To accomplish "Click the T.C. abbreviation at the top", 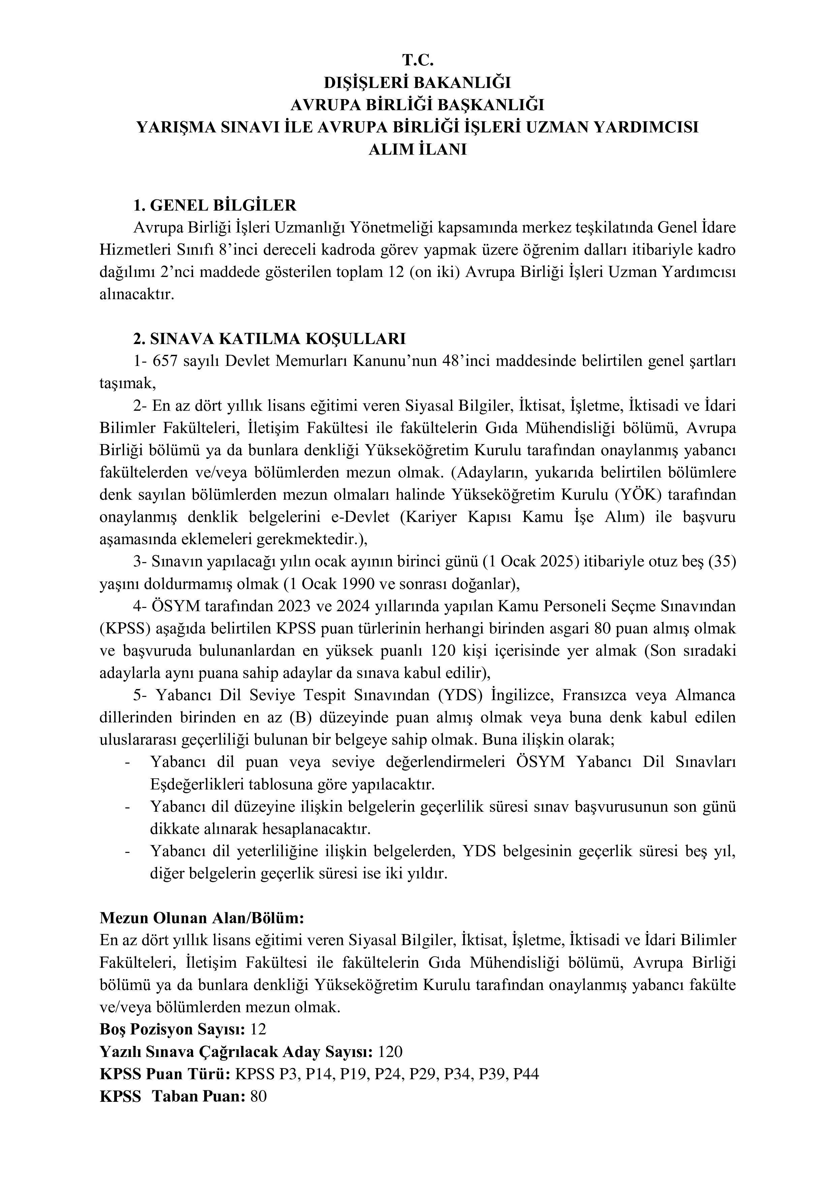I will (x=418, y=60).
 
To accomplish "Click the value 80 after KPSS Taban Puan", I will (x=258, y=1096).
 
